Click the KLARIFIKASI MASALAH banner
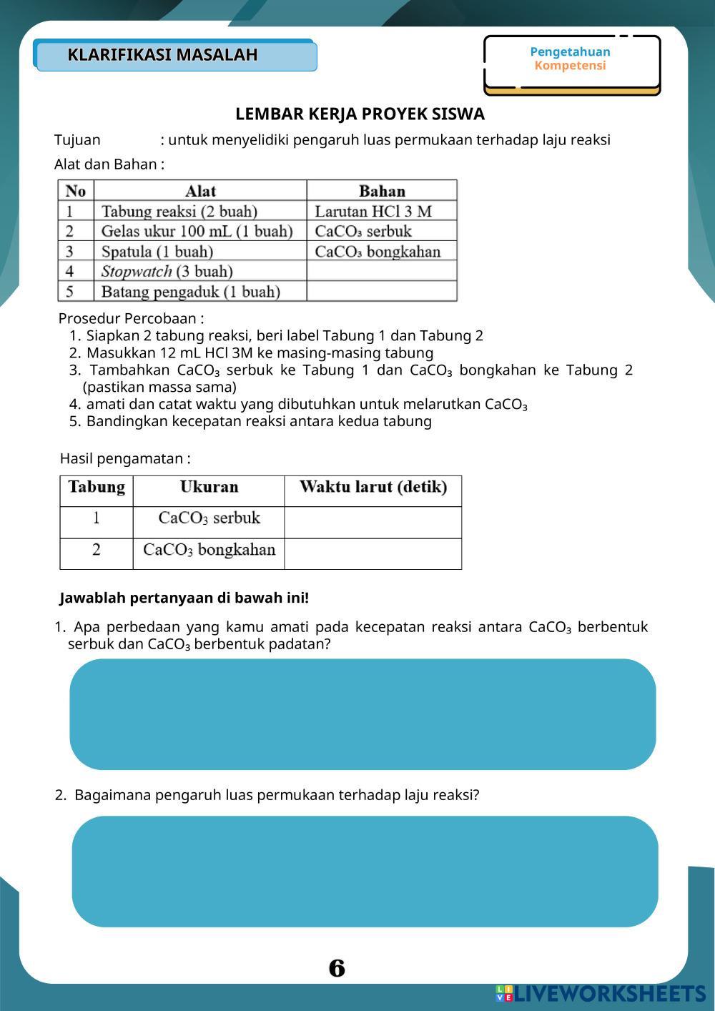tap(176, 56)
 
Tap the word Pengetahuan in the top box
tap(570, 51)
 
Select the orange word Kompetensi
tap(570, 66)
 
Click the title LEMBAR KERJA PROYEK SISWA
tap(360, 114)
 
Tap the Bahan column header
tap(382, 191)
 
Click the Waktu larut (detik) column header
tap(373, 488)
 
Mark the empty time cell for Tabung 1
tap(373, 522)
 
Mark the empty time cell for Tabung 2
tap(373, 553)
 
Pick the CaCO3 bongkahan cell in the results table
tap(209, 550)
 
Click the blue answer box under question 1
tap(363, 714)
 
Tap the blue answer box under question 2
tap(365, 871)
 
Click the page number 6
tap(337, 968)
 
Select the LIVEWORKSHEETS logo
tap(601, 993)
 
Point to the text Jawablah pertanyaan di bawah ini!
tap(184, 598)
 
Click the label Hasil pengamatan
tap(125, 459)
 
